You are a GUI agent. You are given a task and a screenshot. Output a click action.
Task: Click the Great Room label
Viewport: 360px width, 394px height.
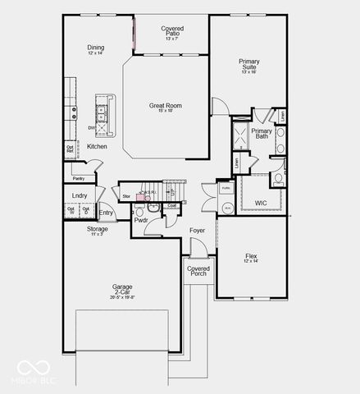coord(165,105)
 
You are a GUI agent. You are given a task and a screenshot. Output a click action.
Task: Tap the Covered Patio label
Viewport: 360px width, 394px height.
coord(172,32)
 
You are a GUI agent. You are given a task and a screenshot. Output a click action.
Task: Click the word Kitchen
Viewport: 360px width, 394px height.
coord(97,146)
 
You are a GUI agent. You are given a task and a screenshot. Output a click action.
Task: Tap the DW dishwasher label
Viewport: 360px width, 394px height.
coord(92,128)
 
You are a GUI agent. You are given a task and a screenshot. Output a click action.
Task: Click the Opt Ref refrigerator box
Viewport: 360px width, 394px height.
coord(71,149)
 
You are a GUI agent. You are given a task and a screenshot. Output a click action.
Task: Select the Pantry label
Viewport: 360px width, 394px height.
coord(79,178)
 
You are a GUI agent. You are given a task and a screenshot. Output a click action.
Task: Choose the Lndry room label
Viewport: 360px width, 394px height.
coord(80,195)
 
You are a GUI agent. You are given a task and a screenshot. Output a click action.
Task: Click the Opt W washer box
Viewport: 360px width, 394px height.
coord(71,212)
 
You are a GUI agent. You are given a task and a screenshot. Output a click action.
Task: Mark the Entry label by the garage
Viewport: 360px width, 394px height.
coord(106,213)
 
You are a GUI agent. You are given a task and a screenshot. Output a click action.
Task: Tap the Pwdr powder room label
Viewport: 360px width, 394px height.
coord(140,220)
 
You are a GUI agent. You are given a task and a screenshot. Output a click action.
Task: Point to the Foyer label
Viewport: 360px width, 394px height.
coord(197,231)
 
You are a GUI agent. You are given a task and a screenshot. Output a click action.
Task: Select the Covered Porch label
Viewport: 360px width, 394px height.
coord(198,271)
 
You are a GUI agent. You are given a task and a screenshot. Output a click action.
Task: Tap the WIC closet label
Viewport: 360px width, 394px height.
coord(260,202)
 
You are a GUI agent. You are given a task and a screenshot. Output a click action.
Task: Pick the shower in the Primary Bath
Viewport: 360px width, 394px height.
coord(241,135)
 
